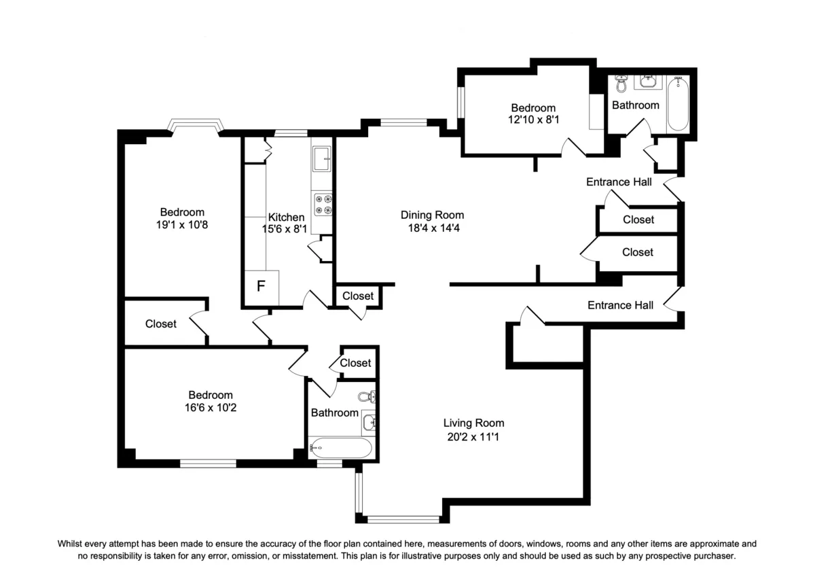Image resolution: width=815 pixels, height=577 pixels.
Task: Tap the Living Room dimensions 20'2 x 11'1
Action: point(473,436)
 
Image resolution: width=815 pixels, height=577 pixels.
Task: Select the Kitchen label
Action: point(286,217)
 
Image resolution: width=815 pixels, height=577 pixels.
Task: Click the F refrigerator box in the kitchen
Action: point(261,286)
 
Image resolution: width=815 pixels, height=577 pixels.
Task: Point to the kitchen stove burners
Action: point(323,205)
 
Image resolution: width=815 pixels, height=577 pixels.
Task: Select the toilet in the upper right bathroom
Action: point(621,85)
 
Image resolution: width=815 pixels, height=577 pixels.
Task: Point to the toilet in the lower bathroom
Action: point(365,397)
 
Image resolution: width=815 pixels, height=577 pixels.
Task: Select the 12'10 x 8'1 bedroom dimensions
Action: point(533,120)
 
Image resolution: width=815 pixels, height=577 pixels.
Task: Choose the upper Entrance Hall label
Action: point(619,182)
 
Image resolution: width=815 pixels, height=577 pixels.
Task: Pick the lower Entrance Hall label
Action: point(620,305)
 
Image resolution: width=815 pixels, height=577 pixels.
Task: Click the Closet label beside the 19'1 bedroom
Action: point(161,324)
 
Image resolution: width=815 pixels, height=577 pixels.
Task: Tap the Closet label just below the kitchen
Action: point(357,296)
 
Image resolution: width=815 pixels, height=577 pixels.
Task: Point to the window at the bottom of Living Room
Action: point(398,519)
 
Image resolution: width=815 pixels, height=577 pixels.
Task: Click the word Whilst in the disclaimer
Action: point(73,544)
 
